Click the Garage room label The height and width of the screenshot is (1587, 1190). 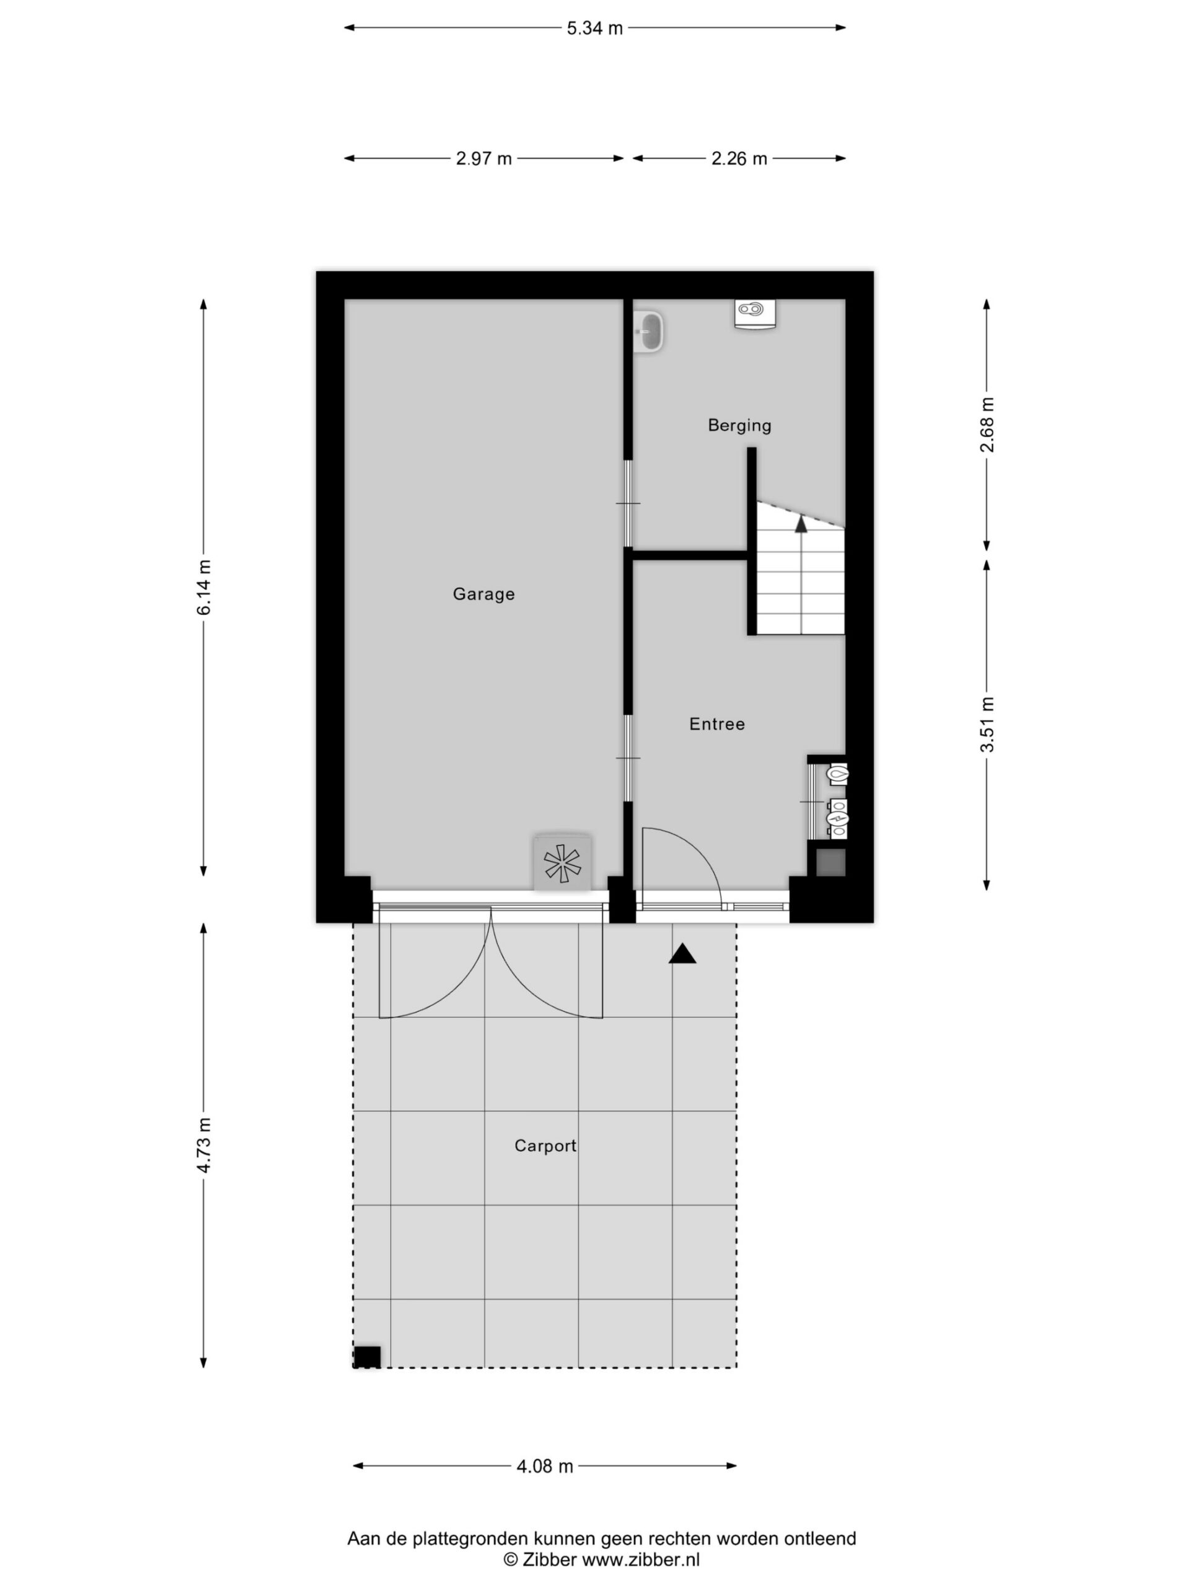click(x=483, y=594)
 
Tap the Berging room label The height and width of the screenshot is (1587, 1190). click(x=739, y=425)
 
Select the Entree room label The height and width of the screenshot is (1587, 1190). click(x=716, y=724)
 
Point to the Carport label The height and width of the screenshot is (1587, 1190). click(x=545, y=1146)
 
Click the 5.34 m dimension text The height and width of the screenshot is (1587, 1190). click(x=594, y=29)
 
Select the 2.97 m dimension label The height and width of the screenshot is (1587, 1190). click(x=484, y=159)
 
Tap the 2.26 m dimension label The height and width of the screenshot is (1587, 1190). click(x=739, y=159)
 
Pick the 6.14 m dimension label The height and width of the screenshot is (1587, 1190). click(x=205, y=587)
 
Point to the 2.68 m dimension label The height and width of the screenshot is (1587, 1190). click(x=988, y=425)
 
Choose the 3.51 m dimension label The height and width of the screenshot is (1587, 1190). click(x=988, y=724)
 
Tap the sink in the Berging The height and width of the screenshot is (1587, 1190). click(x=650, y=332)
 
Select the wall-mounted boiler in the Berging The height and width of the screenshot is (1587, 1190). click(x=756, y=314)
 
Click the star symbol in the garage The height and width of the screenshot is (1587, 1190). click(x=562, y=863)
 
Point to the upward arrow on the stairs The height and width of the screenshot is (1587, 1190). click(x=801, y=523)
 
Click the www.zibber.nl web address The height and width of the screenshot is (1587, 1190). click(x=640, y=1559)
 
